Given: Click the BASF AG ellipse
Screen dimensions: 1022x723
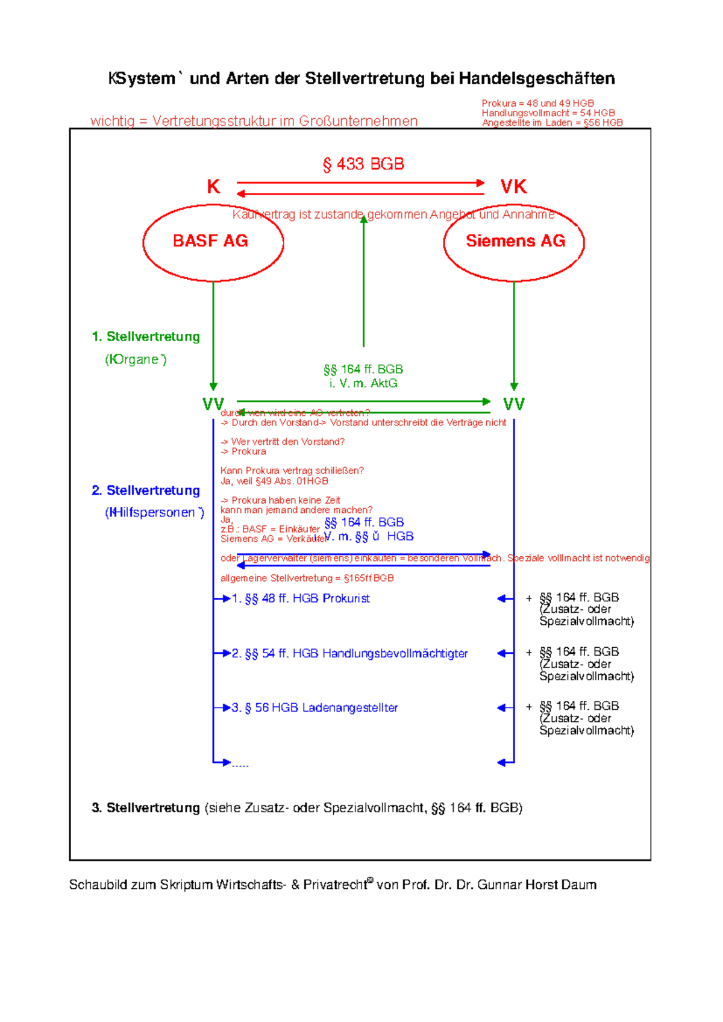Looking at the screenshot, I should point(213,242).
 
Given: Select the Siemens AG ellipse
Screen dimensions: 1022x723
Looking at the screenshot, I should point(514,242).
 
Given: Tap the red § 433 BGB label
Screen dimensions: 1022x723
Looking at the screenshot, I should point(363,164).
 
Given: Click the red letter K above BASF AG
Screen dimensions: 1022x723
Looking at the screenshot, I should point(213,187).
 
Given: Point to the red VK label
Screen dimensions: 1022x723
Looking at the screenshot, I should point(513,187).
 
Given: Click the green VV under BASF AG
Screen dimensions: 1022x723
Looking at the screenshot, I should point(213,404).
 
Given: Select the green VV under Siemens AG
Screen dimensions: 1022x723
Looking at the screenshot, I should point(514,404).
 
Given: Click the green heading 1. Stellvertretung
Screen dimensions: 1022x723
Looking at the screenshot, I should point(146,337).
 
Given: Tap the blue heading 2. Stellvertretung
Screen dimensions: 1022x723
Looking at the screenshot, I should point(146,491).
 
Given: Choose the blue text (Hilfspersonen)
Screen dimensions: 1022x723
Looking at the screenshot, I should point(154,513).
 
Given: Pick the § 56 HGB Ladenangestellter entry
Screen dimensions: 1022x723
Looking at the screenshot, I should point(315,707).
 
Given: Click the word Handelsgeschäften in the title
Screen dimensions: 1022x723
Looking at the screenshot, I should point(537,78).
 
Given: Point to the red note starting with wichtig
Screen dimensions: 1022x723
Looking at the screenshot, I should point(254,121).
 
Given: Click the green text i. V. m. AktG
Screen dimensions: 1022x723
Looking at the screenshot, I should point(363,383).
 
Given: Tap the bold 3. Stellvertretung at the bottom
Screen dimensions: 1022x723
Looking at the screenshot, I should point(146,807).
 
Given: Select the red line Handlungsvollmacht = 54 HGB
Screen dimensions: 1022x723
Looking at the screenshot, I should point(548,113).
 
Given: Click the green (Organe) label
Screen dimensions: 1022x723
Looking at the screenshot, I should point(136,360).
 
